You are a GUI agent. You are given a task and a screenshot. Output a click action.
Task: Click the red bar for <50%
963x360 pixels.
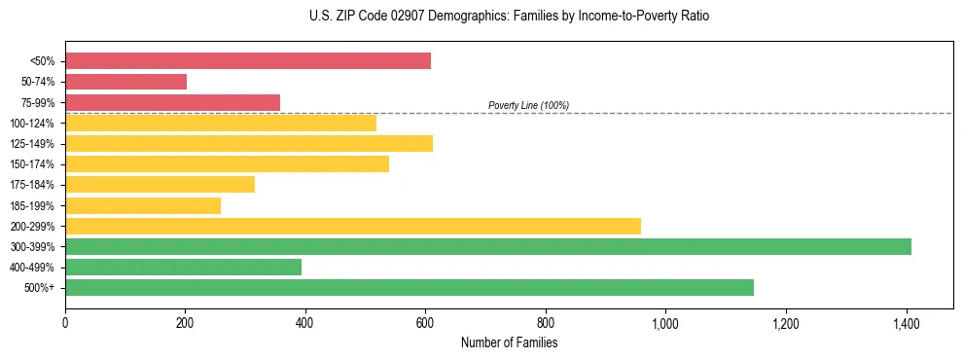248,61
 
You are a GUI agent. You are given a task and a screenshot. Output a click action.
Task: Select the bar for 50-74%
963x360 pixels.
126,82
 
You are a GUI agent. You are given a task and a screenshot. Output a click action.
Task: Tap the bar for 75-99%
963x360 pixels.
173,102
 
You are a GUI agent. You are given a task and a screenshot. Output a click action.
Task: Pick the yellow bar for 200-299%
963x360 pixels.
353,226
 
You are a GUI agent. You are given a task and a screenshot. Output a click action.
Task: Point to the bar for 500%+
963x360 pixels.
410,287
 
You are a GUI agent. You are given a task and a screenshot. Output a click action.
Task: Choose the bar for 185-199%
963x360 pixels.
143,205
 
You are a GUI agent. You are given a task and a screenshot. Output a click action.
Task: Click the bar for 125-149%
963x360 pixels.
249,143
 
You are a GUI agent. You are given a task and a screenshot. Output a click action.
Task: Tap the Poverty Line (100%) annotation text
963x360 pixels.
528,105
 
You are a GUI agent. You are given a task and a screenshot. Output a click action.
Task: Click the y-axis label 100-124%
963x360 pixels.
32,124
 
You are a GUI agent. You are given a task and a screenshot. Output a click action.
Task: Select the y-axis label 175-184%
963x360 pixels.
32,185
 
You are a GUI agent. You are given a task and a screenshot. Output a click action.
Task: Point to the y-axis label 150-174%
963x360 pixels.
32,164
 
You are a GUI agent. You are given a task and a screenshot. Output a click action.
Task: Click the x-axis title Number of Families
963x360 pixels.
509,342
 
